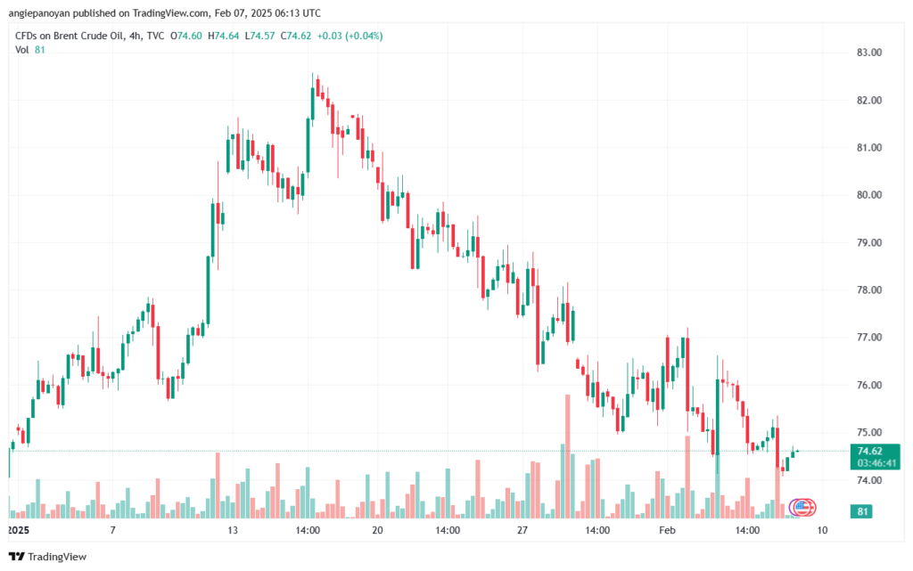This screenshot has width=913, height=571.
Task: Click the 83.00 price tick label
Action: tap(869, 53)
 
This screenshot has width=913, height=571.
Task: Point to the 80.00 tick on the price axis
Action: tap(869, 195)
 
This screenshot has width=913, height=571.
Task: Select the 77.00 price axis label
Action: tap(869, 338)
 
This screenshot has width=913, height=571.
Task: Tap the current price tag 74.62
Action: tap(870, 451)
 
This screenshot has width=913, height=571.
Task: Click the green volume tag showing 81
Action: tap(862, 511)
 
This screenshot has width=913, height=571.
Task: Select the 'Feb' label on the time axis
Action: tap(668, 529)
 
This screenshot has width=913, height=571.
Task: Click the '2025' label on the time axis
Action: tap(18, 529)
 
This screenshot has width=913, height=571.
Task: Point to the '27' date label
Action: tap(522, 529)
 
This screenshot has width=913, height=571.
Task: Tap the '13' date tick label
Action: tap(232, 529)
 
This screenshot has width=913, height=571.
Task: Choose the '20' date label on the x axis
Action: tap(377, 529)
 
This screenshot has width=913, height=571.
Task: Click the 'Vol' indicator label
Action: tap(21, 50)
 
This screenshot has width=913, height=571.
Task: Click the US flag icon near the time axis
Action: tap(802, 507)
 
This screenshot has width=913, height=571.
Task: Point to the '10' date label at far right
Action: tap(821, 529)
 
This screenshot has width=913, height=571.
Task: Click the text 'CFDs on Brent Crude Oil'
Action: tap(70, 36)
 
